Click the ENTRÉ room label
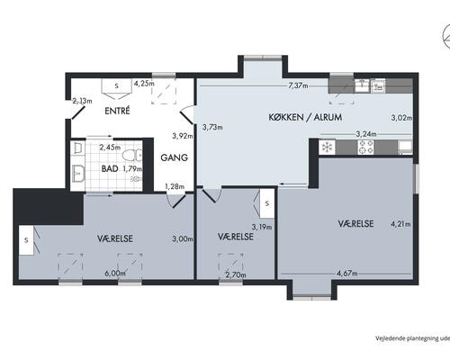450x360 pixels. (x=117, y=111)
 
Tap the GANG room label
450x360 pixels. (x=175, y=157)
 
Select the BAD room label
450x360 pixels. (x=110, y=169)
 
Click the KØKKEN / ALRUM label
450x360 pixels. (x=305, y=117)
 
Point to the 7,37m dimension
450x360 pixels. (x=298, y=85)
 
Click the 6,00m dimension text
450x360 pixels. (x=115, y=274)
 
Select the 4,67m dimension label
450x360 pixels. (x=347, y=274)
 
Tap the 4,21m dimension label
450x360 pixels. (x=400, y=224)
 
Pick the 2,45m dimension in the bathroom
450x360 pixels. (x=110, y=148)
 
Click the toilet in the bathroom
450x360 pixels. (x=132, y=156)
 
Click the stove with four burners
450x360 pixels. (x=366, y=148)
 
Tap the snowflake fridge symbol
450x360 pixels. (x=327, y=148)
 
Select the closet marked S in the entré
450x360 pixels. (x=117, y=85)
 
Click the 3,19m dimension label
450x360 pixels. (x=262, y=227)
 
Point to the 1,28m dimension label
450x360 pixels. (x=175, y=186)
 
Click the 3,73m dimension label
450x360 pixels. (x=212, y=127)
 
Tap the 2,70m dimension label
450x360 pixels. (x=236, y=274)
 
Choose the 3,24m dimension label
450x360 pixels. (x=366, y=134)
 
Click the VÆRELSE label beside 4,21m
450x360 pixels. (x=355, y=223)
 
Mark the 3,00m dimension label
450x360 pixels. (x=183, y=239)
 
